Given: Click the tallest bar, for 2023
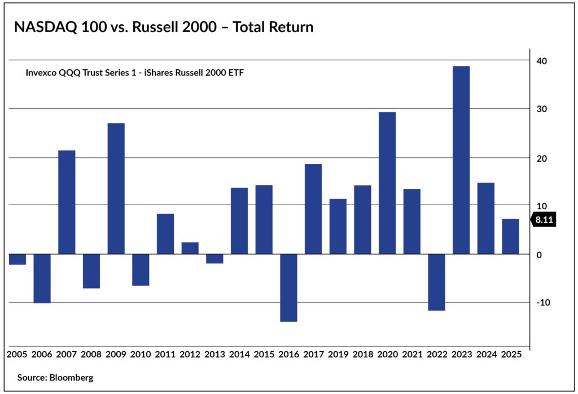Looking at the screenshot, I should (x=461, y=160).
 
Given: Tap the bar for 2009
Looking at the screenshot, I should (x=116, y=188).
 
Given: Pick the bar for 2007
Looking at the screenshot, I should (x=67, y=202).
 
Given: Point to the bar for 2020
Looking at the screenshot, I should (x=387, y=183).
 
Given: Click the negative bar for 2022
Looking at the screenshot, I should (x=436, y=282).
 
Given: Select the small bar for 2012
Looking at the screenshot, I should (x=190, y=248).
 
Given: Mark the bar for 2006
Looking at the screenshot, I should (x=42, y=278).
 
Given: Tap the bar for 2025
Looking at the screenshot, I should (x=510, y=236).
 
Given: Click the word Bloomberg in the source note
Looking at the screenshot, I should (x=71, y=377).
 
